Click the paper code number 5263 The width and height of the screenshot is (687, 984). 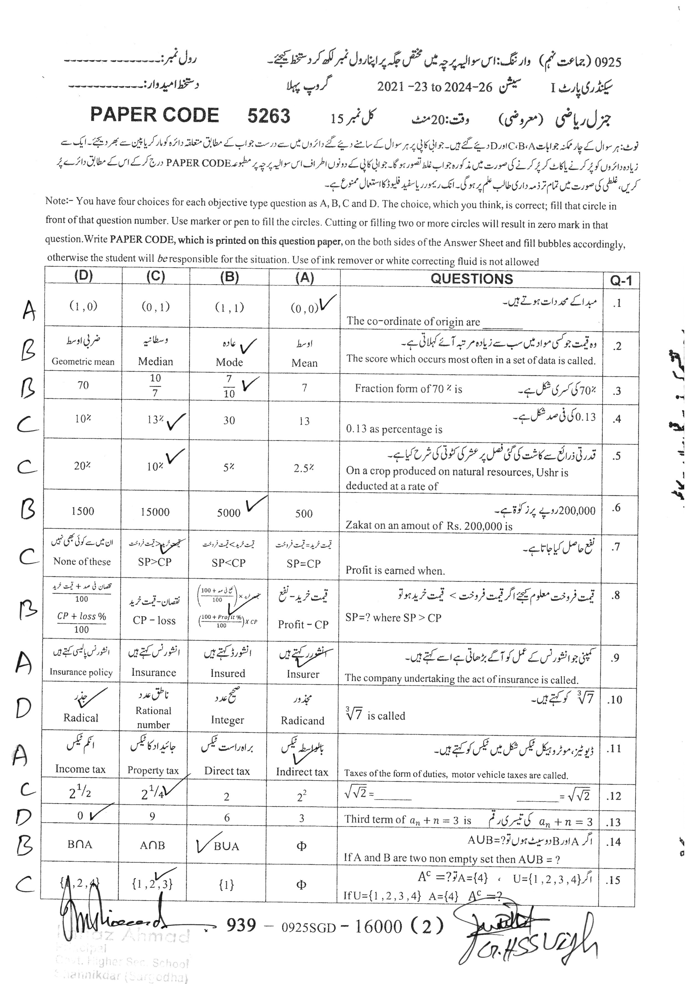268,116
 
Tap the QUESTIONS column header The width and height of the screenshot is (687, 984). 471,279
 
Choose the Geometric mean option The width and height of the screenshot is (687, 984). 83,361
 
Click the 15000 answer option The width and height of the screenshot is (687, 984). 155,512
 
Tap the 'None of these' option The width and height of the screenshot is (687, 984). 82,562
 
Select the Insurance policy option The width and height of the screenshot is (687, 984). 81,672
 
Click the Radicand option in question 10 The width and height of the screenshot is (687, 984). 302,721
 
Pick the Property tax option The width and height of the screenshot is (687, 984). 153,770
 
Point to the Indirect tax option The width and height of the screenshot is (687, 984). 302,772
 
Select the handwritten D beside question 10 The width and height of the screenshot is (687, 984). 23,708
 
